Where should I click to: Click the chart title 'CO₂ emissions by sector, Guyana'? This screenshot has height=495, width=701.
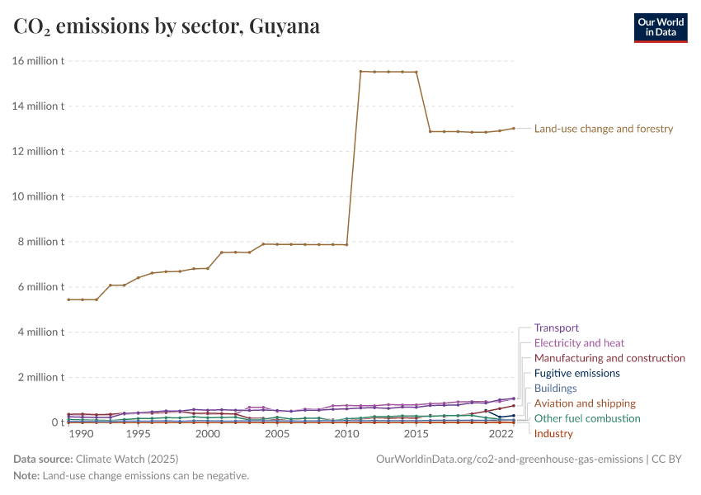point(167,26)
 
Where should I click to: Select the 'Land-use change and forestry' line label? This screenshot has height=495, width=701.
point(604,129)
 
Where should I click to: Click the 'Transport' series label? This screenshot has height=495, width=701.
point(557,328)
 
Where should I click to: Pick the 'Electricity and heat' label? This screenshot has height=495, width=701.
point(579,343)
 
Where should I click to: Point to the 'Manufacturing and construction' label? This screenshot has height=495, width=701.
point(609,358)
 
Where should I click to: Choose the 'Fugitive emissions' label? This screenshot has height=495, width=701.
point(576,373)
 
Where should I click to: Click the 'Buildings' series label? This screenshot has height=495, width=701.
point(555,388)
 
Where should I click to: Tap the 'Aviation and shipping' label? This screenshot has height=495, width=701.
point(585,403)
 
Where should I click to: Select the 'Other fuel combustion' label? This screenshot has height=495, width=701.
point(587,418)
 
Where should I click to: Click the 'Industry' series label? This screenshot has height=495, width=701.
point(553,434)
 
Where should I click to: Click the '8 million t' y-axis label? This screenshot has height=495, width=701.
point(41,242)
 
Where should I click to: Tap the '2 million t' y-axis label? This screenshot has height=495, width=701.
point(41,377)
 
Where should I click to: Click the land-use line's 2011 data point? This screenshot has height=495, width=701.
point(360,71)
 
